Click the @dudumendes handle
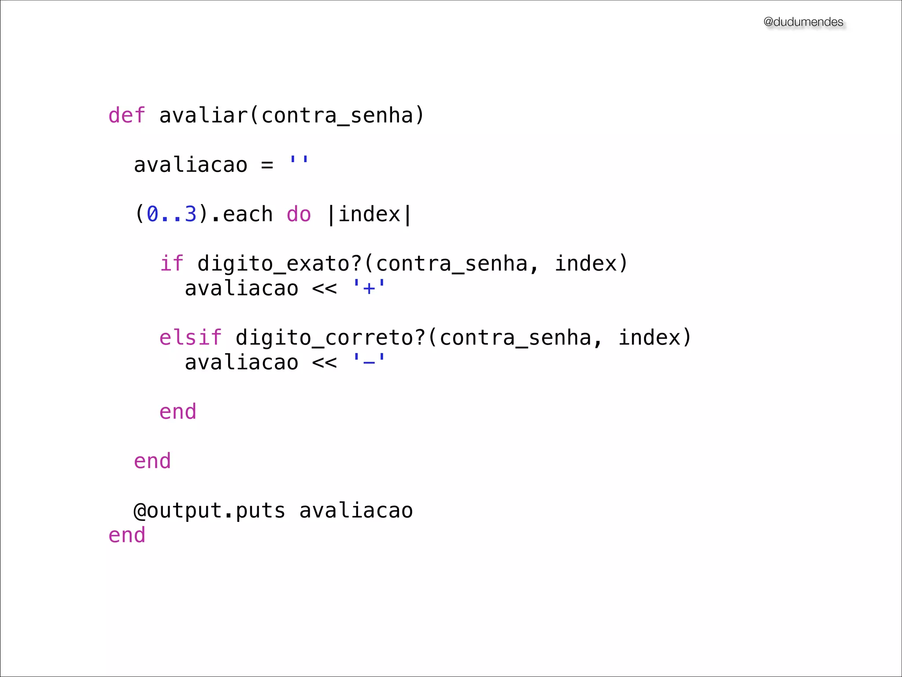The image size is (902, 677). tap(803, 22)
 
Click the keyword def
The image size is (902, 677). tap(126, 115)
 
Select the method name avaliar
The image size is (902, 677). tap(203, 115)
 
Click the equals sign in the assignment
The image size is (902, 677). tap(267, 165)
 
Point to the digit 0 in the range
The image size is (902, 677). tap(152, 214)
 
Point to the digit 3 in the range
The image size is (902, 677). tap(190, 214)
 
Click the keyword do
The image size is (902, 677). tap(299, 214)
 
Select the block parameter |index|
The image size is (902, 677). tap(369, 215)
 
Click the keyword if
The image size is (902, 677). tap(171, 264)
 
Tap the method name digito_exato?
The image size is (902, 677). tap(279, 264)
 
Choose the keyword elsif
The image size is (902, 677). tap(190, 338)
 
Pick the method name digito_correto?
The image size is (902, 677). tap(330, 338)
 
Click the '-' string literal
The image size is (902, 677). tap(369, 362)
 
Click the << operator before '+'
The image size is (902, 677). tap(324, 289)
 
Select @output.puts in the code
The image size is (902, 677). tap(209, 511)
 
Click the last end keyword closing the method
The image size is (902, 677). tap(127, 535)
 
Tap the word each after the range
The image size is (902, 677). tap(248, 214)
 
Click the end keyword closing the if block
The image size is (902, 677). tap(177, 412)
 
